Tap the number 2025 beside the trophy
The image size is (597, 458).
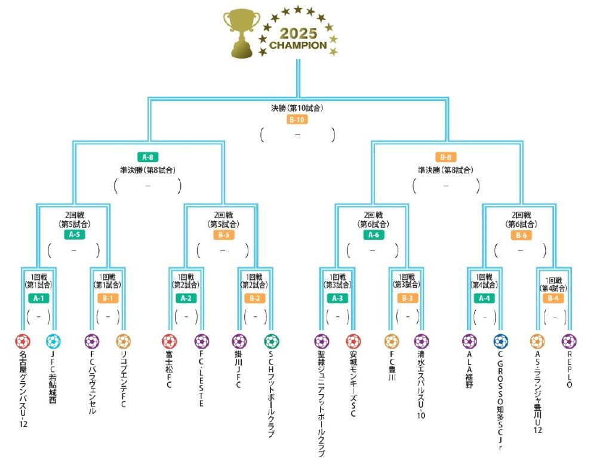[x=298, y=33]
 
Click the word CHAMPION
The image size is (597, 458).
[x=298, y=45]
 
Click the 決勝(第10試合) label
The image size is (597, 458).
[x=297, y=108]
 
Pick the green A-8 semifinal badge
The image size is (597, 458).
[x=147, y=157]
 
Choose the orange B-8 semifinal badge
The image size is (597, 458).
[x=445, y=157]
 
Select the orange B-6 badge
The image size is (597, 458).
[x=520, y=235]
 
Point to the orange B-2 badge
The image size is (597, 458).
[x=255, y=298]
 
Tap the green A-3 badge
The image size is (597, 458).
[x=337, y=298]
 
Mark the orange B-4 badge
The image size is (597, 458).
[x=553, y=298]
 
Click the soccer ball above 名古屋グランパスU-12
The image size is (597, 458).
[x=23, y=341]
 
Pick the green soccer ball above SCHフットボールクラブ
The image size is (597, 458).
[x=271, y=341]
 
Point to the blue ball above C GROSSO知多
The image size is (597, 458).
[x=501, y=341]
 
